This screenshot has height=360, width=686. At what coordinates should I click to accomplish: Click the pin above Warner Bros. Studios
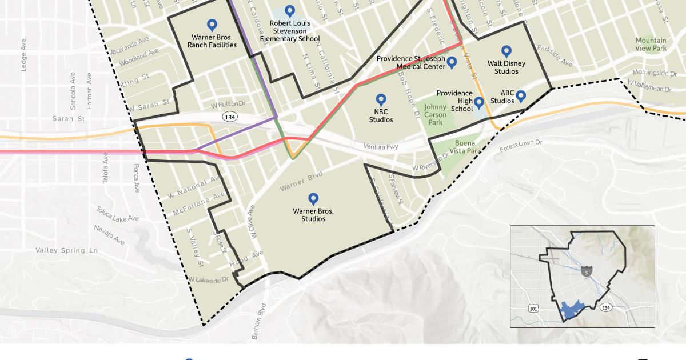(x=313, y=198)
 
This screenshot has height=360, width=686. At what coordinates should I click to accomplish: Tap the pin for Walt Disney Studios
(x=506, y=51)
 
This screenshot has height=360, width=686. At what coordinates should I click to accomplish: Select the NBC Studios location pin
(x=381, y=99)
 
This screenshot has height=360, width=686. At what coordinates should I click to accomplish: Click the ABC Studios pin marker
(x=521, y=95)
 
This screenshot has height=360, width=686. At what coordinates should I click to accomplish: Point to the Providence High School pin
(x=479, y=102)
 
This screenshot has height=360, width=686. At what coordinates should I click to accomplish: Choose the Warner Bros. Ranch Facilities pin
(x=212, y=25)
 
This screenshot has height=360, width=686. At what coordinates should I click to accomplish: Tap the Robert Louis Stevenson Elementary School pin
(x=290, y=10)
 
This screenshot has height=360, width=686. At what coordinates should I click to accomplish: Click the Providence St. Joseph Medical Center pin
(x=452, y=62)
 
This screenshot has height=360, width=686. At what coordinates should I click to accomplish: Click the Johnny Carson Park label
(x=435, y=114)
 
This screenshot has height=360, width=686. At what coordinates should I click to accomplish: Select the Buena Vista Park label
(x=465, y=147)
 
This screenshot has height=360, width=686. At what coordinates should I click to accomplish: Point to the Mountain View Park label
(x=651, y=44)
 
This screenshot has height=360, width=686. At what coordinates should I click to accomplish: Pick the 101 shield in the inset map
(x=533, y=309)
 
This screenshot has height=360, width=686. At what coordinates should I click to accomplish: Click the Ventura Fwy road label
(x=380, y=147)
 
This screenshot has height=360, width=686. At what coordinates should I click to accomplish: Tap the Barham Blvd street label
(x=259, y=322)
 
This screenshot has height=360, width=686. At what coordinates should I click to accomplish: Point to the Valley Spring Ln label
(x=66, y=250)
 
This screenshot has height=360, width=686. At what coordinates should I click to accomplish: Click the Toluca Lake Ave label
(x=117, y=214)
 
